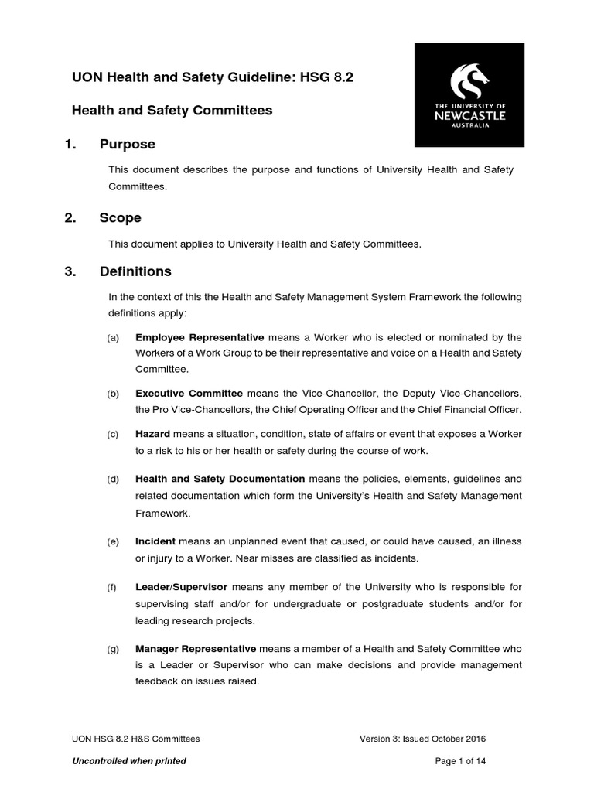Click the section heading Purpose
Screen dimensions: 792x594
127,145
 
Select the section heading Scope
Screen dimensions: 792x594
120,218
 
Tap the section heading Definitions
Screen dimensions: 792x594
135,272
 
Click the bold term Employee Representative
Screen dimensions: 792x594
200,337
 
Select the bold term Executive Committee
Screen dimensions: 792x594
189,394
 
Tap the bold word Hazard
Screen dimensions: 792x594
153,435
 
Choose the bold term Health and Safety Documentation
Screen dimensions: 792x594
220,480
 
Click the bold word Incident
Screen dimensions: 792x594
155,541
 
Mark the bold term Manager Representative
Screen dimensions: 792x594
196,649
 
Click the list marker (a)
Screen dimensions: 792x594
114,338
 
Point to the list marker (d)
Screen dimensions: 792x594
114,480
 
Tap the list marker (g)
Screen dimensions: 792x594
114,650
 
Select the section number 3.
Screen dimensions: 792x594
70,272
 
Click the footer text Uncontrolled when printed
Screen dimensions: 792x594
128,761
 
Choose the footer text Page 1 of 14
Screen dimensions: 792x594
462,761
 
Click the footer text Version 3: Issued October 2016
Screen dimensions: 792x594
423,739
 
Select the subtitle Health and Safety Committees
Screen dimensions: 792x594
172,111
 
